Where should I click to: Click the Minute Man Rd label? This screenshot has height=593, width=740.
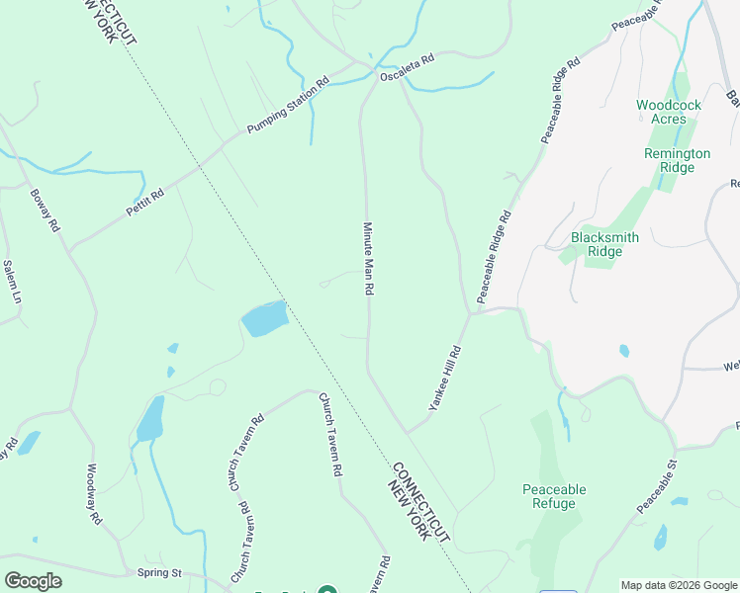pyautogui.click(x=368, y=259)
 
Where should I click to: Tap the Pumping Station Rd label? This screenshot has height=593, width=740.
pyautogui.click(x=287, y=109)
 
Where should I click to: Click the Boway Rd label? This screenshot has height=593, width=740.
pyautogui.click(x=46, y=211)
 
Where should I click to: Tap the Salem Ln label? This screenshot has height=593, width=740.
pyautogui.click(x=12, y=281)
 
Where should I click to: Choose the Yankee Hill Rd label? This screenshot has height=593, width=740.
pyautogui.click(x=445, y=378)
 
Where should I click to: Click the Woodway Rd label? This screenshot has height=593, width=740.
pyautogui.click(x=94, y=493)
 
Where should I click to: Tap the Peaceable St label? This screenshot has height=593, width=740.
pyautogui.click(x=656, y=487)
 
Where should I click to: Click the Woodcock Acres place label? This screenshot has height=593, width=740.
pyautogui.click(x=669, y=112)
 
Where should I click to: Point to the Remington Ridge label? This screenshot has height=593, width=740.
pyautogui.click(x=677, y=160)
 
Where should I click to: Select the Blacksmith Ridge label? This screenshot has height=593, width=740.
pyautogui.click(x=604, y=244)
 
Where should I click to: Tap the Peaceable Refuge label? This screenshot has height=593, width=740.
pyautogui.click(x=554, y=496)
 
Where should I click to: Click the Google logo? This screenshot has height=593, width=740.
pyautogui.click(x=33, y=581)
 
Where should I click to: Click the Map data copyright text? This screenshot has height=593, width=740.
pyautogui.click(x=678, y=585)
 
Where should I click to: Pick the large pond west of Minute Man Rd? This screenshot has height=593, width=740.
pyautogui.click(x=264, y=318)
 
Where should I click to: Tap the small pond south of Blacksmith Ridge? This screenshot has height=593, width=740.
pyautogui.click(x=624, y=350)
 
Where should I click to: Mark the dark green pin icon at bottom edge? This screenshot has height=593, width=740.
pyautogui.click(x=327, y=590)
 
